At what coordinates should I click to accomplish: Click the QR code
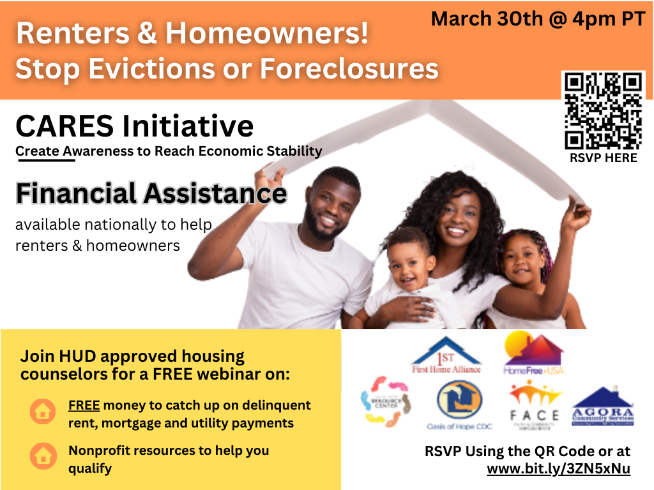[604, 110]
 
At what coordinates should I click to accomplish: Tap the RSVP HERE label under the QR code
[604, 158]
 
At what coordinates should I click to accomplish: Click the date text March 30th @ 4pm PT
[538, 19]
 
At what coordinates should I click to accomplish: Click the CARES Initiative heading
[134, 126]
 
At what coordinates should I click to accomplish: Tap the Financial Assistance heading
[151, 193]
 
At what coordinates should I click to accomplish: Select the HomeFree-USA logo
[533, 353]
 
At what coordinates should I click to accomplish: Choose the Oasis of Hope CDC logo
[459, 405]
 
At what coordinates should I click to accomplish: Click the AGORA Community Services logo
[603, 406]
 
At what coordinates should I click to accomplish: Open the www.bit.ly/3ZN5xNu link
[558, 469]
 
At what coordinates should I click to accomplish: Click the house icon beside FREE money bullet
[43, 412]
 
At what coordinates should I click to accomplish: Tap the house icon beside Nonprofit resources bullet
[43, 457]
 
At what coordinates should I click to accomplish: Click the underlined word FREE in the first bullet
[84, 405]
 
